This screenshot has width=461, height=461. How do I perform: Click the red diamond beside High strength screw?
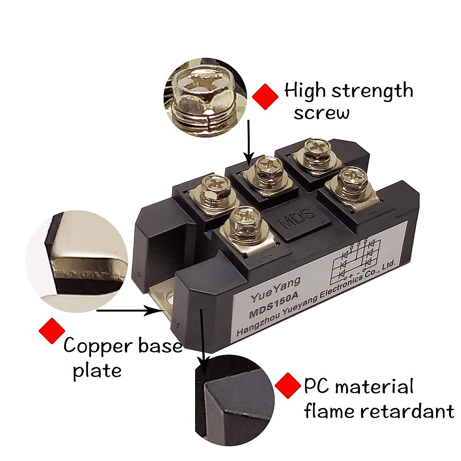point(265,97)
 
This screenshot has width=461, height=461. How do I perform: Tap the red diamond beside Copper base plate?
point(52,331)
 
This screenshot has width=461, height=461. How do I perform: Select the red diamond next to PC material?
point(288,385)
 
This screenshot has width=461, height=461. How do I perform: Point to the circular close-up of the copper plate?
point(77,261)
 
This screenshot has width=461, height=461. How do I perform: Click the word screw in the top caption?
point(322,113)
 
